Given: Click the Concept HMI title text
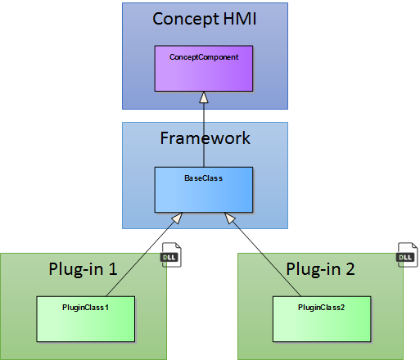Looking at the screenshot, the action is [x=205, y=20].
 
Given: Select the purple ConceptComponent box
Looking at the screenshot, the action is [x=204, y=69].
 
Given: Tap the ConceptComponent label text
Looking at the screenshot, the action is [x=204, y=57].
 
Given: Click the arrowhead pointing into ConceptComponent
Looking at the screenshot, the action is [x=204, y=97].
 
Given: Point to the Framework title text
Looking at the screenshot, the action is [x=205, y=138].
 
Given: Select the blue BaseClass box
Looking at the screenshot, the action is [x=204, y=190].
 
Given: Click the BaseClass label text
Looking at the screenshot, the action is [x=204, y=178].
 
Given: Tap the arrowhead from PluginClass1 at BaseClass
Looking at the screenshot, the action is [x=177, y=218].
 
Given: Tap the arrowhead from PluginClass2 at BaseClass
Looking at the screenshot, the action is [x=230, y=218].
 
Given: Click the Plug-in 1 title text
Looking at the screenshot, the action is [x=83, y=269].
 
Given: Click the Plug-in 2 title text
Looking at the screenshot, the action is [x=320, y=269].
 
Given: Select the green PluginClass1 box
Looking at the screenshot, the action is [x=86, y=319].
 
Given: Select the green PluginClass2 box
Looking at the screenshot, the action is [x=322, y=319].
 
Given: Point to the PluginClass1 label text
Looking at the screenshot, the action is [x=85, y=308].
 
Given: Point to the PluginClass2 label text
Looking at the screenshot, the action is [x=322, y=308].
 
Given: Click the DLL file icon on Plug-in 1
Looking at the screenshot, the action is [x=171, y=255].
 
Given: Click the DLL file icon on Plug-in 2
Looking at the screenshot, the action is [x=407, y=255].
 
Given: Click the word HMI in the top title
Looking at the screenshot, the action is [x=240, y=19].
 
